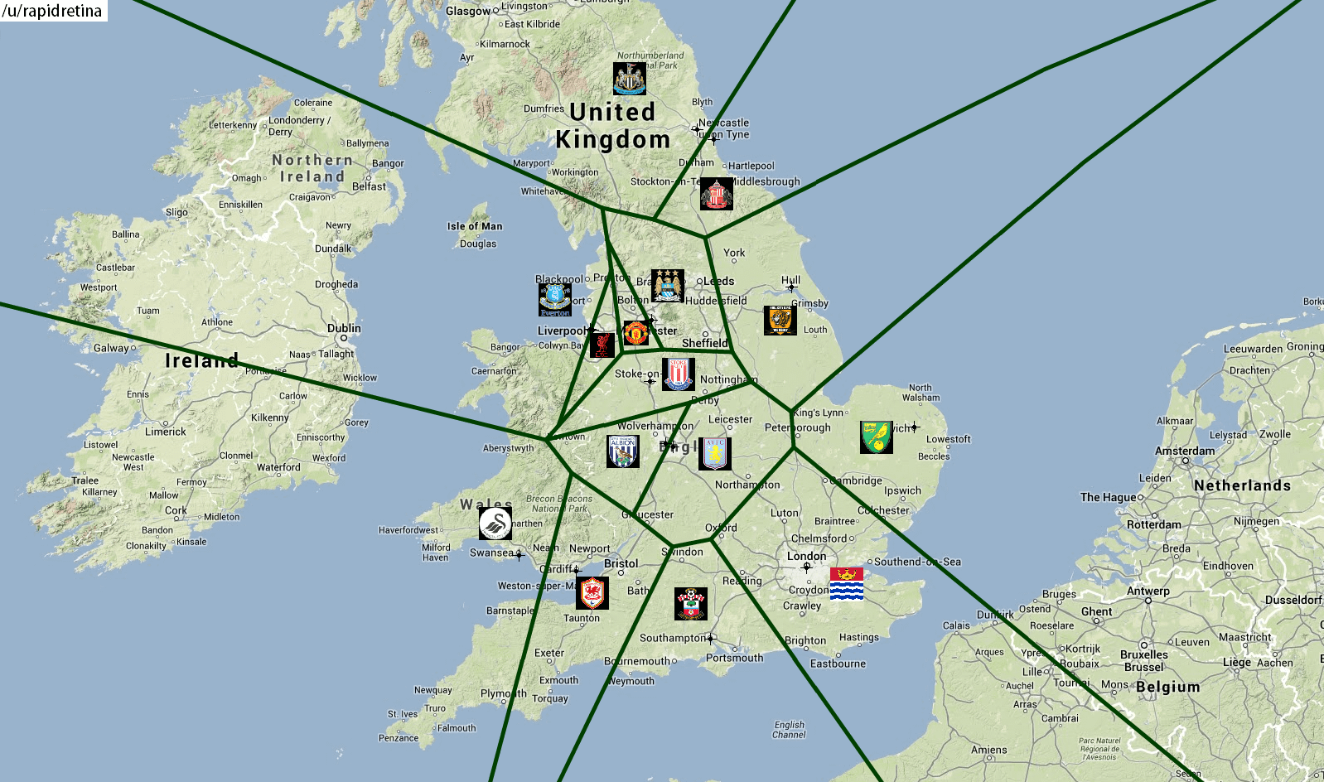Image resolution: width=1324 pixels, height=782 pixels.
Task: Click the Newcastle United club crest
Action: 630,79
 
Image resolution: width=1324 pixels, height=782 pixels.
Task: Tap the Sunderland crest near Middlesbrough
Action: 717,194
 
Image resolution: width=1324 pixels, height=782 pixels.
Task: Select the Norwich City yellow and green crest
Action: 877,437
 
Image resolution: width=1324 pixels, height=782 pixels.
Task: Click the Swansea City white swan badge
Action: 495,524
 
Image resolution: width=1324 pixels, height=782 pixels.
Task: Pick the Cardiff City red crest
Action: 592,593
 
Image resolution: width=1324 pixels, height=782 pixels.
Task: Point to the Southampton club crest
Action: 691,604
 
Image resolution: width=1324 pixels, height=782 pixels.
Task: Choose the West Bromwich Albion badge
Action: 623,451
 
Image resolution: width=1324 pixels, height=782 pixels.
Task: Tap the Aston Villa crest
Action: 715,454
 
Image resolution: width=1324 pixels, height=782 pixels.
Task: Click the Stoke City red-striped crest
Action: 679,374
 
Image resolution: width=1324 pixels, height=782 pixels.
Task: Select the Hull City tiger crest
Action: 780,321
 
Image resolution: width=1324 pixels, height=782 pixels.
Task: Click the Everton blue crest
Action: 555,300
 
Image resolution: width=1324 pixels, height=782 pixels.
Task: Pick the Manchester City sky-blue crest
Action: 668,286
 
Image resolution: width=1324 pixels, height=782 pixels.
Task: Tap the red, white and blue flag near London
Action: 847,584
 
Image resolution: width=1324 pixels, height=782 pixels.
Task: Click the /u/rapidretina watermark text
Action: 53,11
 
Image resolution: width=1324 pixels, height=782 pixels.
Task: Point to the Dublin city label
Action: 344,328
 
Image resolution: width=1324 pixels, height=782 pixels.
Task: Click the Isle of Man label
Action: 475,226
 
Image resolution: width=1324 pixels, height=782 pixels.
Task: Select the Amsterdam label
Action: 1185,451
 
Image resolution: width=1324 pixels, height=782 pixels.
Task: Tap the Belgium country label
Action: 1167,687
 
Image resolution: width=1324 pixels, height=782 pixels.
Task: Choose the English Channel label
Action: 789,729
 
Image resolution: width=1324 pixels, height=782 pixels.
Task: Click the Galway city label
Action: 111,348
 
